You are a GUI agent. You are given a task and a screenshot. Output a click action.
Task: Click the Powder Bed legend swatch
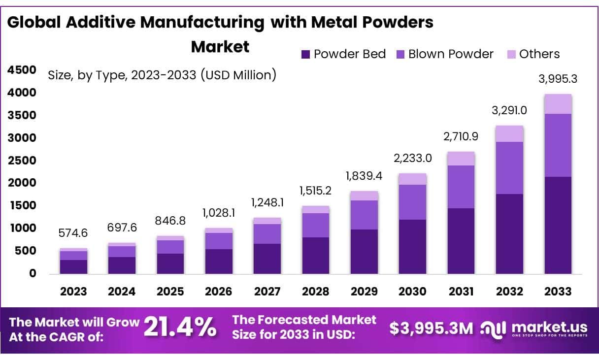tap(305, 54)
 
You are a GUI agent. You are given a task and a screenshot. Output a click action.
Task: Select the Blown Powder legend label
tap(450, 54)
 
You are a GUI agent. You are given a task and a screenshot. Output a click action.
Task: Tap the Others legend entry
tap(539, 54)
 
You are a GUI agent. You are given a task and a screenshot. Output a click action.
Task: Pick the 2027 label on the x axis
tap(267, 291)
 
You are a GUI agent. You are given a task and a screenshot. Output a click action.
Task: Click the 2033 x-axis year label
tap(558, 291)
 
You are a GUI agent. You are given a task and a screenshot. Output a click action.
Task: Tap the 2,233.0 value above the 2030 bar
tap(412, 159)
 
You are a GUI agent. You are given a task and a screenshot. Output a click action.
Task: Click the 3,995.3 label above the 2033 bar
tap(558, 79)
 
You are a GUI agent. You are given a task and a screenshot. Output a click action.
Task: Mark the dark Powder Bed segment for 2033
tap(558, 225)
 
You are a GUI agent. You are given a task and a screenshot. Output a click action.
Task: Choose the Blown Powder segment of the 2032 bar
tap(509, 168)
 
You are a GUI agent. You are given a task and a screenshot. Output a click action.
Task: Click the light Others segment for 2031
tap(461, 159)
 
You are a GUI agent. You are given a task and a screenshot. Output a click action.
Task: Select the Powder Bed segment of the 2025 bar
tap(170, 263)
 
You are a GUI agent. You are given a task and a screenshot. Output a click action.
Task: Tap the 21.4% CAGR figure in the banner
tap(180, 327)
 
